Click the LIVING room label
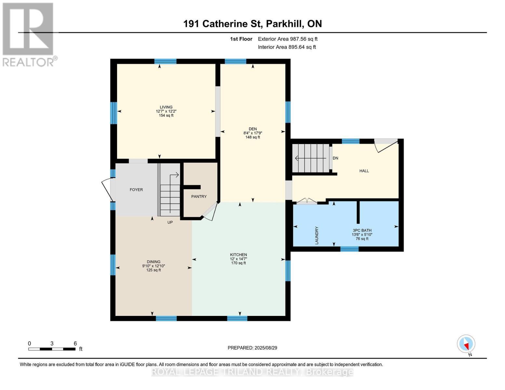166,107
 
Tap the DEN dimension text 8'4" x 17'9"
252,133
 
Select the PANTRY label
199,196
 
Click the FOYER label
136,189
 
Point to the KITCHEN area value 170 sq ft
238,263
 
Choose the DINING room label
153,262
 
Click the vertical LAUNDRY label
317,235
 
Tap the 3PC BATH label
362,230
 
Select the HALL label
364,171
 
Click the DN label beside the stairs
335,158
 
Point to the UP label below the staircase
170,222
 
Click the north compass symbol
466,344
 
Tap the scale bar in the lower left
52,349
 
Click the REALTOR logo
29,34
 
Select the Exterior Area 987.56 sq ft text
287,39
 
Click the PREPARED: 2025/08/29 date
252,348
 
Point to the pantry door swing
210,211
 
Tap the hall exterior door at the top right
386,145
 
